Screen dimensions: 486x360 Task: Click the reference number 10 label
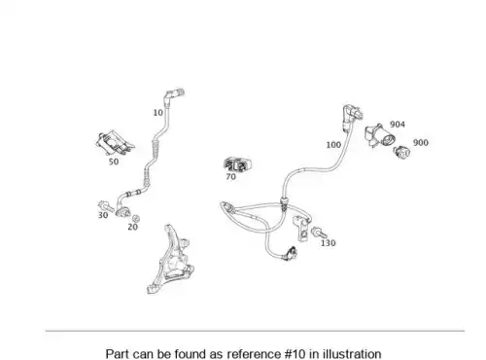pos(157,113)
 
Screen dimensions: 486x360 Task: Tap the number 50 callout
pos(114,162)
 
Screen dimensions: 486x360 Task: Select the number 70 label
pos(230,177)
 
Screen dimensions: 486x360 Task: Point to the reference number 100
pos(333,145)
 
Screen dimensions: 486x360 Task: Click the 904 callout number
pos(398,125)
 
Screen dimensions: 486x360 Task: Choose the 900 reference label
pos(421,142)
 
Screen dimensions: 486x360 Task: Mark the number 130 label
pos(328,243)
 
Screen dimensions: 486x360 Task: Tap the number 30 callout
pos(103,215)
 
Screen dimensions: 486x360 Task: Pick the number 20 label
pos(133,227)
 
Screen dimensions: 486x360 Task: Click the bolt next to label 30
pos(105,205)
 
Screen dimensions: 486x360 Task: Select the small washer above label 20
pos(136,218)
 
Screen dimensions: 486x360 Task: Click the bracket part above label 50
pos(115,143)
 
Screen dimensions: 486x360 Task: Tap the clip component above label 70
pos(238,164)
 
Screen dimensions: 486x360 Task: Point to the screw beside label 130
pos(319,233)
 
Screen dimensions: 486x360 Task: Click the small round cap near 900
pos(401,152)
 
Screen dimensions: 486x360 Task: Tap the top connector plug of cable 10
pos(174,94)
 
